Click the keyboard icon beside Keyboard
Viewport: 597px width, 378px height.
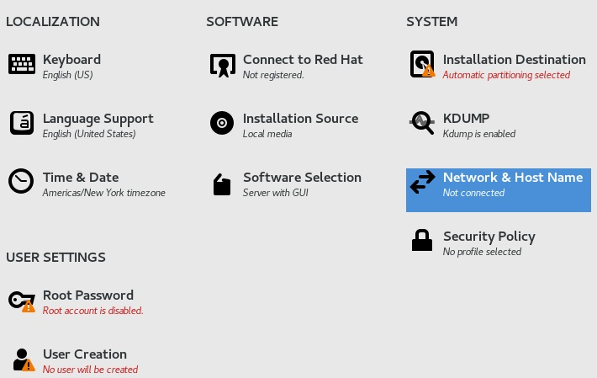22,64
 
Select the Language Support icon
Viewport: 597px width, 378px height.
22,123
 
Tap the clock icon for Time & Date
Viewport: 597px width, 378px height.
22,182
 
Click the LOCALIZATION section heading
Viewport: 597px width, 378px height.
53,22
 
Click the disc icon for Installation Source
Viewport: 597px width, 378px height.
222,123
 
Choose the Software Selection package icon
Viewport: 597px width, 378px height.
222,184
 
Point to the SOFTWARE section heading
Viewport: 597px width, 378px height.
242,22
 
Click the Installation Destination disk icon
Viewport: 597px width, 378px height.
422,64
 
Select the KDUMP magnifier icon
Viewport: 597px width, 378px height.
422,123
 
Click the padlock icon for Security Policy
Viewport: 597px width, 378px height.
422,241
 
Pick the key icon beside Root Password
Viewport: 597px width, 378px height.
22,300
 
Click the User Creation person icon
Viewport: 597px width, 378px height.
22,359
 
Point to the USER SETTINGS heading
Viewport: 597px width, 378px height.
55,257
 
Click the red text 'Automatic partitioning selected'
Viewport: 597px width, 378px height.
506,75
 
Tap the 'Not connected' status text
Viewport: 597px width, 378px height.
473,193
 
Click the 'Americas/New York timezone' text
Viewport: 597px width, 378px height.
104,193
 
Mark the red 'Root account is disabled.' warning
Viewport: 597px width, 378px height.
93,311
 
